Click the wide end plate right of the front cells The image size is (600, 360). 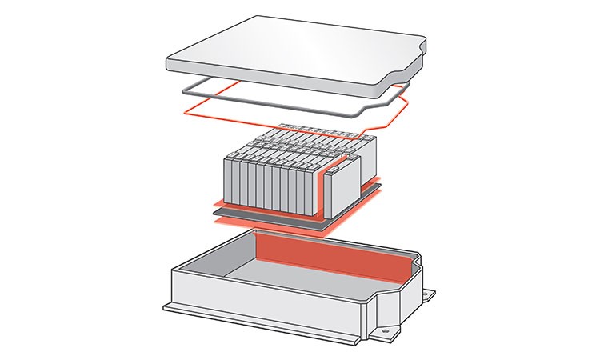pos(342,189)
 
